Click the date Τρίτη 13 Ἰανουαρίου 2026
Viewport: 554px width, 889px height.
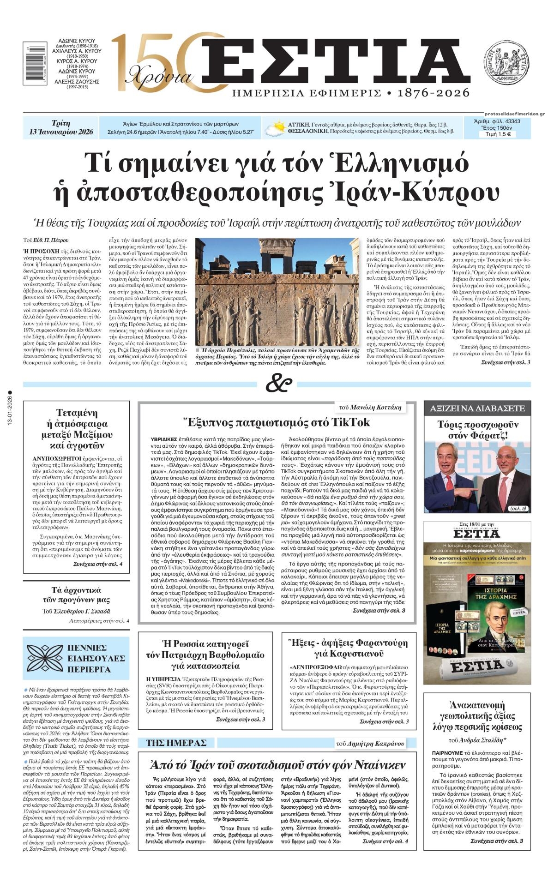coord(61,127)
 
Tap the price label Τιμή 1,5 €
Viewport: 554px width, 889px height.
coord(497,135)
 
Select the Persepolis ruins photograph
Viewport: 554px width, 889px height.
coord(277,297)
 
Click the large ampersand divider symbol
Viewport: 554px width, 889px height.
coord(278,384)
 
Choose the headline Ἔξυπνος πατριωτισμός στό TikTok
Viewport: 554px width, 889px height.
coord(276,422)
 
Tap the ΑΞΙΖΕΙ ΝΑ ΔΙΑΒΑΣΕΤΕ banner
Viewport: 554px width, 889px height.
coord(477,408)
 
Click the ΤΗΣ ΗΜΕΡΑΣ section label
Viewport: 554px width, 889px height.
coord(176,743)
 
